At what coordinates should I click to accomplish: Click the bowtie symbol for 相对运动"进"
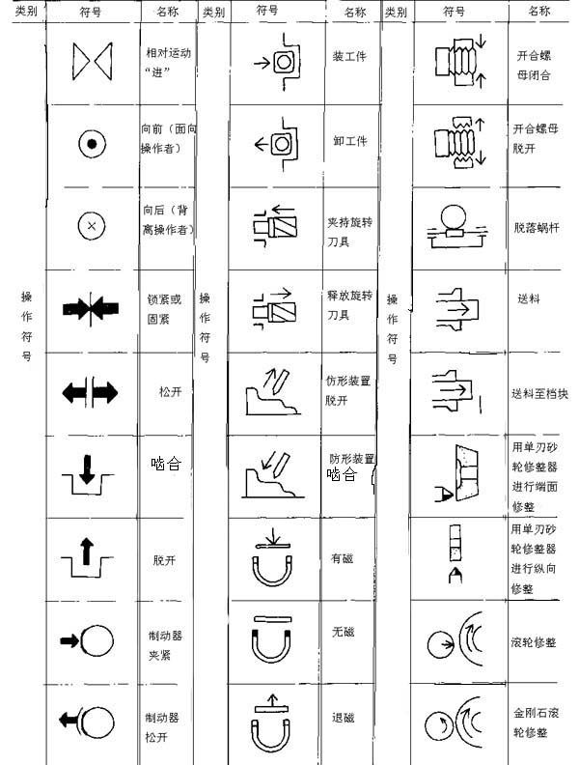click(x=93, y=63)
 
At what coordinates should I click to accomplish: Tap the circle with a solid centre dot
click(x=92, y=145)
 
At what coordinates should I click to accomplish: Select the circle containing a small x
click(x=92, y=225)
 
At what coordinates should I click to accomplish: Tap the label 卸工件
click(x=350, y=141)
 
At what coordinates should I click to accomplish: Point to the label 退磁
click(x=344, y=718)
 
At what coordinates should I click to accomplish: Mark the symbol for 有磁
click(x=274, y=557)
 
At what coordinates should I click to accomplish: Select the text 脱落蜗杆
click(x=536, y=227)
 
